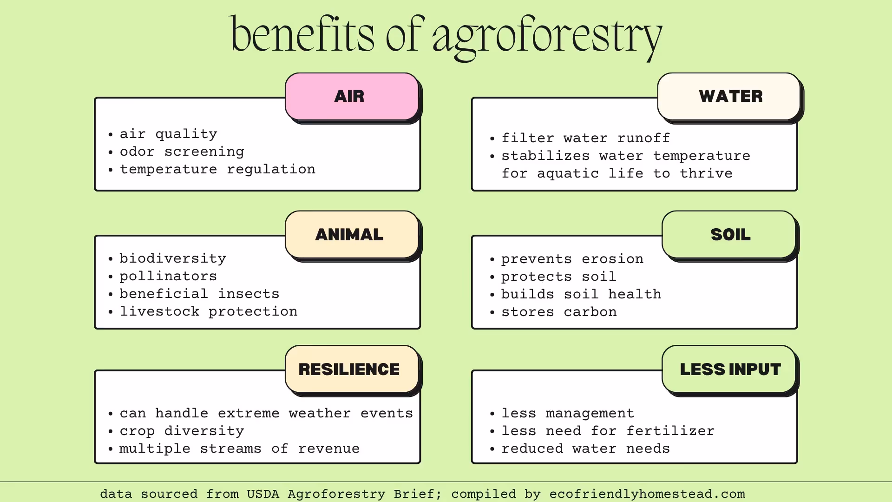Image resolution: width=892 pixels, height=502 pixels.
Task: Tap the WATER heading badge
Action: click(729, 96)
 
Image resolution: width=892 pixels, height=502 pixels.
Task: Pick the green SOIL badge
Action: click(729, 234)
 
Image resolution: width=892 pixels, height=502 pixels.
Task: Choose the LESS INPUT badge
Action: click(729, 369)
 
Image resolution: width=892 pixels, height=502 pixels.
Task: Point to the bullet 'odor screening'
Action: click(182, 152)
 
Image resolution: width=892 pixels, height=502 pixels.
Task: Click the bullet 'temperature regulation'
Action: click(217, 169)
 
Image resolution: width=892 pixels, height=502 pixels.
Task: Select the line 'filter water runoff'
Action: click(585, 138)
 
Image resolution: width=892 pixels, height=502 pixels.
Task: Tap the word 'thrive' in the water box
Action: click(706, 173)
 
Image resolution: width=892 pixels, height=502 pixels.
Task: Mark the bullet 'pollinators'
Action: click(168, 276)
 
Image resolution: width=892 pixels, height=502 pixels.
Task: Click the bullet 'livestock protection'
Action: click(209, 311)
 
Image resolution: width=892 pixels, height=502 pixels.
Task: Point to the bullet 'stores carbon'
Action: click(559, 312)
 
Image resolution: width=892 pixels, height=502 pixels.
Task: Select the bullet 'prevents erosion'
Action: click(572, 259)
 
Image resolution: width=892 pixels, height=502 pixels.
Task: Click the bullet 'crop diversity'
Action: click(182, 431)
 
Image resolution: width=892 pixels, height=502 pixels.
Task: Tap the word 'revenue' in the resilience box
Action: click(329, 449)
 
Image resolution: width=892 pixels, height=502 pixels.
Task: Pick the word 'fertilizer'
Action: click(670, 431)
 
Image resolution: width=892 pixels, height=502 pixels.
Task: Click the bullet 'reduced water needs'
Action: click(585, 449)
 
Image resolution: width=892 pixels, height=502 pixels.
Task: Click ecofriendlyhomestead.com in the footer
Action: click(647, 494)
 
